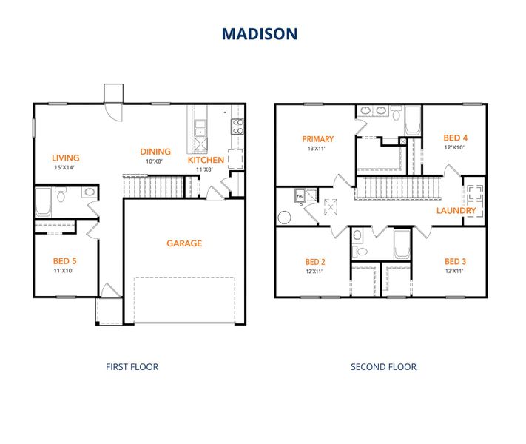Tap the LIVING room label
[x=66, y=158]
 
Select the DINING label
[x=155, y=152]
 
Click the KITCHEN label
[x=206, y=160]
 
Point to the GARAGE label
[x=184, y=243]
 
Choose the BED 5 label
[x=64, y=261]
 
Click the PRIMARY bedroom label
[x=318, y=138]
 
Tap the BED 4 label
[x=456, y=138]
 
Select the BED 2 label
[x=315, y=262]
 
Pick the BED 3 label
[x=455, y=261]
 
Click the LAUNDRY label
[x=456, y=211]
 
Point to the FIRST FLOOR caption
[x=132, y=366]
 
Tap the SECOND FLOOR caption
[x=383, y=366]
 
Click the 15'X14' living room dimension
[x=66, y=167]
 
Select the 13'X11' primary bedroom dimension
[x=318, y=148]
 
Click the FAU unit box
[x=300, y=195]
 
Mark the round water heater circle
[x=283, y=218]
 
